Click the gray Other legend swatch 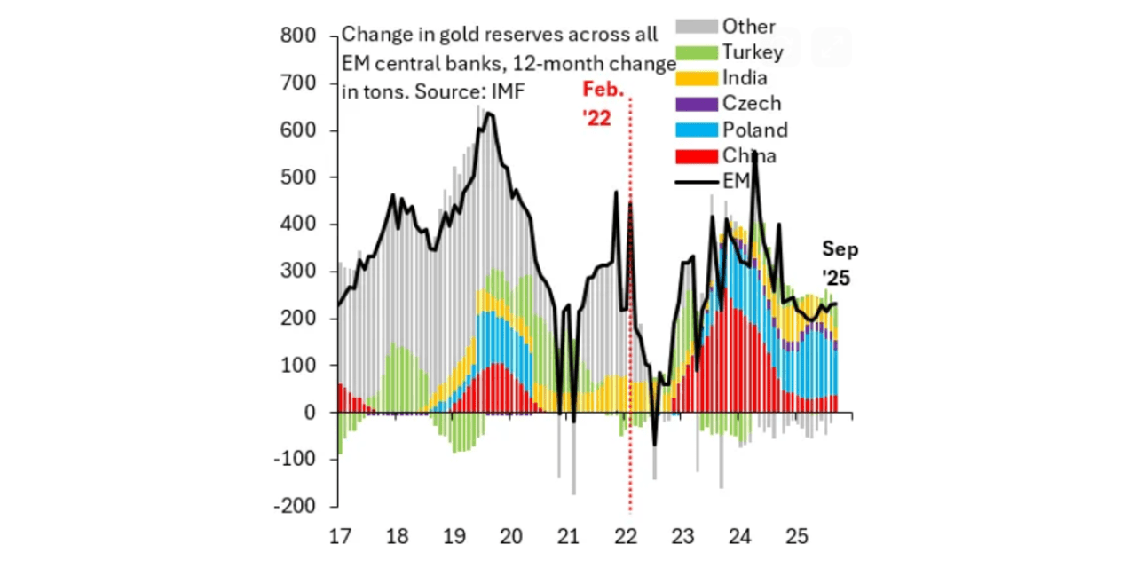(696, 27)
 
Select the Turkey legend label (753, 52)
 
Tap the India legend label (745, 78)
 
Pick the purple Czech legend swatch (696, 104)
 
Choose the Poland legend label (754, 130)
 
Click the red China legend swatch (696, 155)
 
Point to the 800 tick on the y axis (297, 36)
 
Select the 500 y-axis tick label (297, 177)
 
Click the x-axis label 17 (338, 536)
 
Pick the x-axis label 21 (568, 536)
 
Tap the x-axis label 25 (797, 536)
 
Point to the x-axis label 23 (682, 536)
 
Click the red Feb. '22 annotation (603, 103)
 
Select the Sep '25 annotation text (840, 264)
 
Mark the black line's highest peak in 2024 (753, 154)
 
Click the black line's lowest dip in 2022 (655, 445)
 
